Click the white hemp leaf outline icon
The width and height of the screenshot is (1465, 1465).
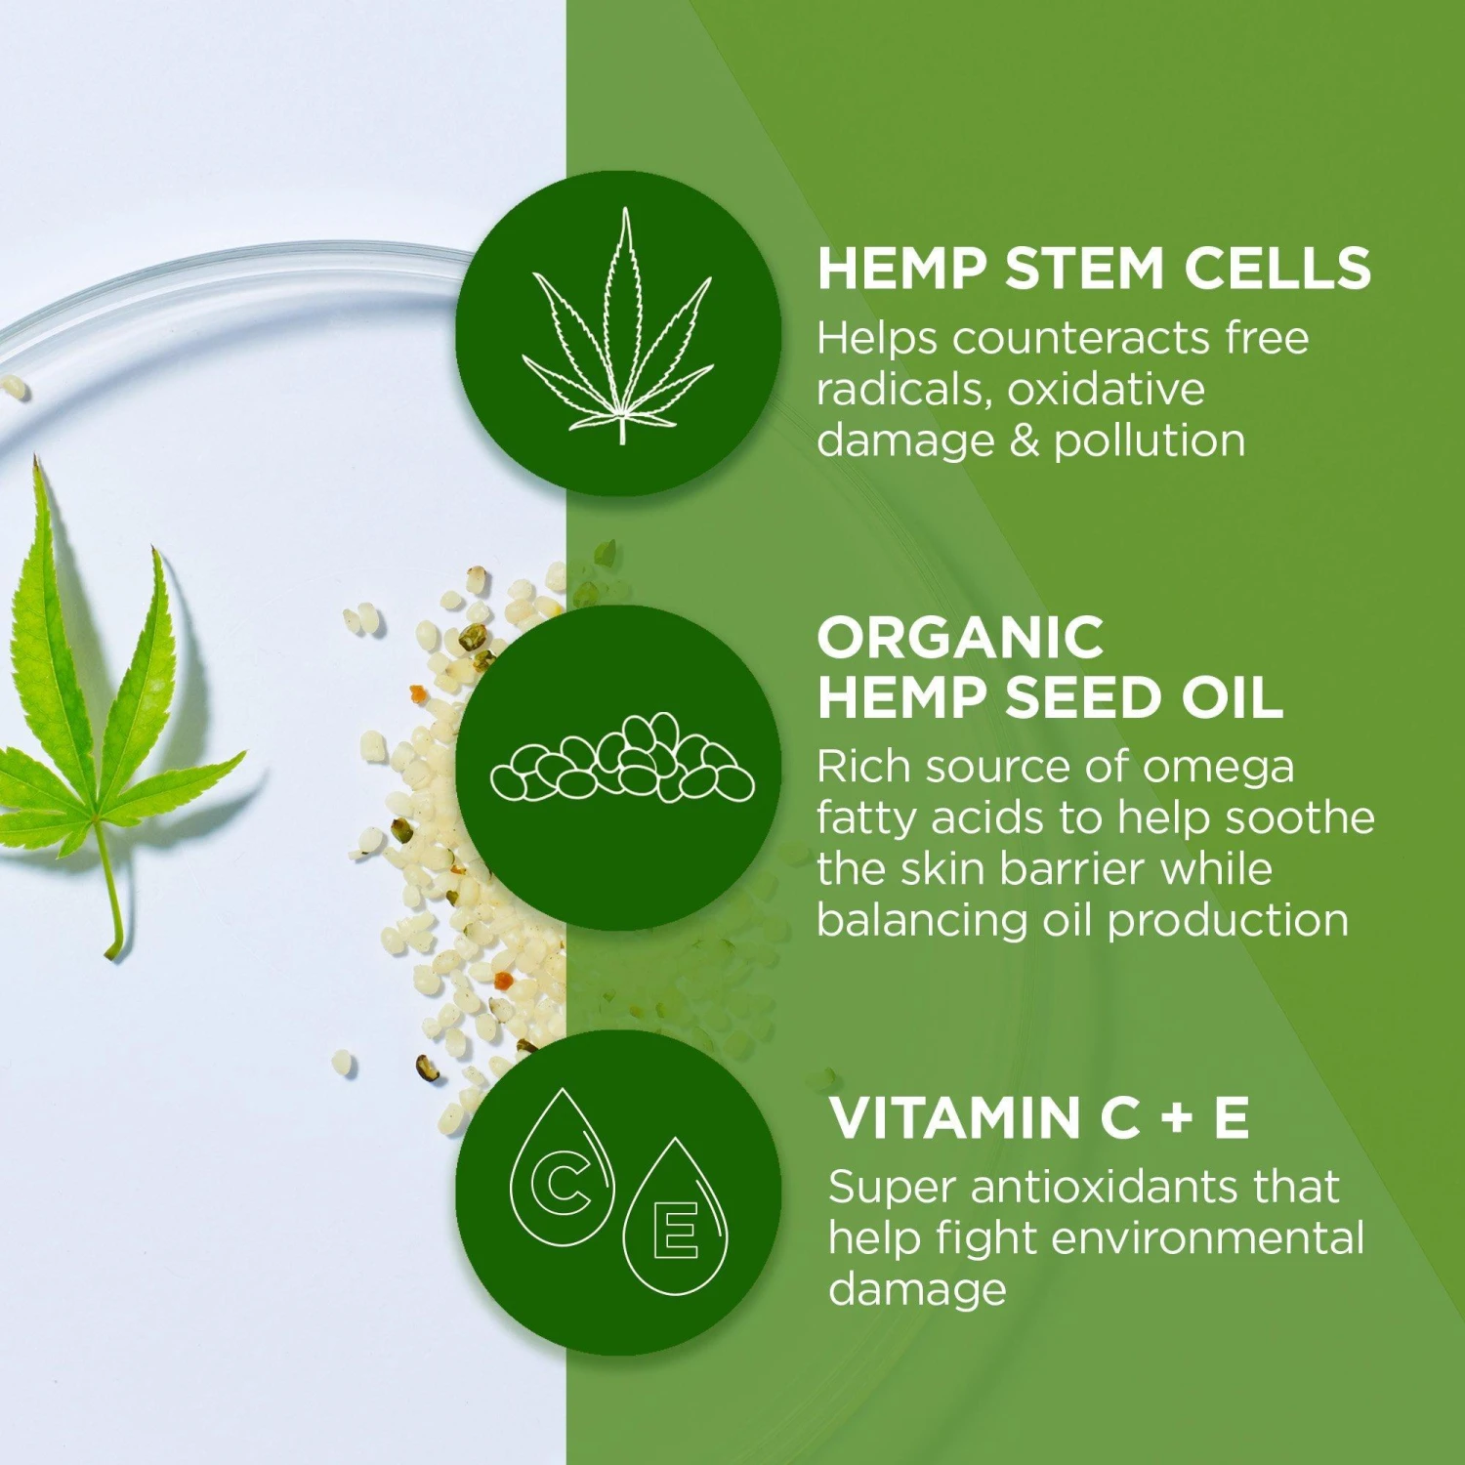click(619, 332)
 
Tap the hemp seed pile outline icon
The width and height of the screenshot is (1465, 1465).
click(621, 761)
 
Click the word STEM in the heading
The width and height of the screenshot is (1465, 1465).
click(1084, 269)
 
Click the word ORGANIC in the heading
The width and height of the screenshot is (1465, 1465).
click(960, 639)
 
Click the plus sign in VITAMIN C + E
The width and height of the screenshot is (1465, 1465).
click(1178, 1118)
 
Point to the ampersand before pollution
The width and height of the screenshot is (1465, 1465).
click(1025, 441)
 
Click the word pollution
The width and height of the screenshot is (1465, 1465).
click(1150, 441)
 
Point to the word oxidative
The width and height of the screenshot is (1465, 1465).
click(1107, 390)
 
